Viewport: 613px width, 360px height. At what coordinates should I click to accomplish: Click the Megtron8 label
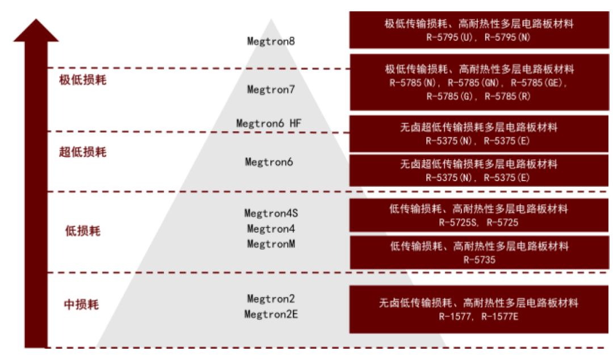(271, 41)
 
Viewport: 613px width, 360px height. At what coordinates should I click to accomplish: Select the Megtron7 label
(271, 90)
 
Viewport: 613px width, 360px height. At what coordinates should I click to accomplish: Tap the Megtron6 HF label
(268, 123)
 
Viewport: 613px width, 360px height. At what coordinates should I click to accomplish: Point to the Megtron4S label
(271, 214)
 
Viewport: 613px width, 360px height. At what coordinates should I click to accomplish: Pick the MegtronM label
(271, 244)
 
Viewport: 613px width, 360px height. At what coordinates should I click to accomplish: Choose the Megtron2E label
(271, 314)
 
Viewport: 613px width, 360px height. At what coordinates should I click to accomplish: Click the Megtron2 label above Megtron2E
(271, 299)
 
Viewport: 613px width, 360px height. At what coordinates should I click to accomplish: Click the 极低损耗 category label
(82, 80)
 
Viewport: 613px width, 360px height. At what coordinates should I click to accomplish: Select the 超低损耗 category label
(82, 152)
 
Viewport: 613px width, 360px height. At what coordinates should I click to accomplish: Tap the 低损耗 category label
(82, 231)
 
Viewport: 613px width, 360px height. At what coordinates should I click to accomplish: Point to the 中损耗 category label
(81, 304)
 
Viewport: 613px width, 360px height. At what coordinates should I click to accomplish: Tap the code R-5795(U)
(450, 37)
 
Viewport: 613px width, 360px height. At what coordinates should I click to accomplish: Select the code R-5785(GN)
(473, 83)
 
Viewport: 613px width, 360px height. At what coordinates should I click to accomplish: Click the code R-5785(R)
(507, 97)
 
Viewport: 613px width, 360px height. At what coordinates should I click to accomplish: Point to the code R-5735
(479, 260)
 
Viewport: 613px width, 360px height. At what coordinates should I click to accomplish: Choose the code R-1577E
(499, 317)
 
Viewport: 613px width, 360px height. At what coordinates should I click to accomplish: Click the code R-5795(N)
(507, 37)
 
